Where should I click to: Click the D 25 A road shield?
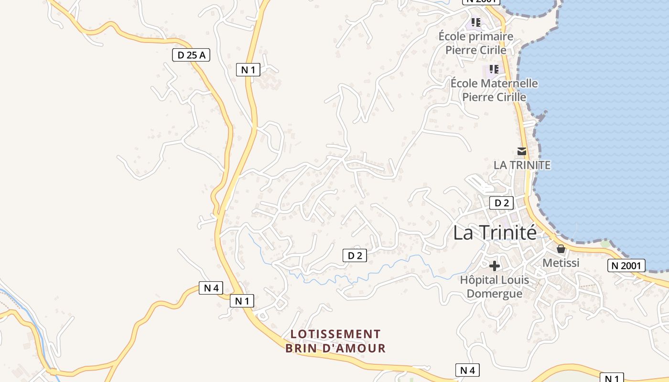(x=191, y=55)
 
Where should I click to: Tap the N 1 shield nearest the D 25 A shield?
(x=248, y=70)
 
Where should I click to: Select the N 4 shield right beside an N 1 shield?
(x=211, y=288)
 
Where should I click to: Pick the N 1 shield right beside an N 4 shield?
(x=242, y=301)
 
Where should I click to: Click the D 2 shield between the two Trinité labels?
(x=501, y=203)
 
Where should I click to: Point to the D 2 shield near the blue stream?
(x=355, y=255)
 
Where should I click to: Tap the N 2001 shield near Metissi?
(x=626, y=265)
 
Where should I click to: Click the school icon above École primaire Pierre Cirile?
(x=475, y=22)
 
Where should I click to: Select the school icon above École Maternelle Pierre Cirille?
(x=494, y=69)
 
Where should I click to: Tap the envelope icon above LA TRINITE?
(x=522, y=151)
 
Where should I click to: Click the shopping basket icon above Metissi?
(x=561, y=249)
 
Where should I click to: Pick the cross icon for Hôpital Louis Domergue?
(x=495, y=265)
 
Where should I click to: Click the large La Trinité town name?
(x=495, y=233)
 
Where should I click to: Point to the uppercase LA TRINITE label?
(x=522, y=165)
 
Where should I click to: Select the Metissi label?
(x=561, y=263)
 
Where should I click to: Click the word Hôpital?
(x=478, y=279)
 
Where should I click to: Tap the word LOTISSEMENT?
(x=335, y=334)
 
